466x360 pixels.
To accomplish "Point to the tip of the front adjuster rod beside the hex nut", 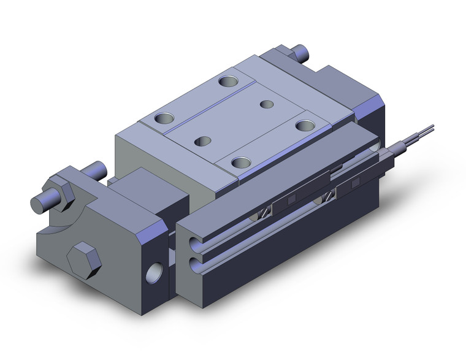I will pos(38,203).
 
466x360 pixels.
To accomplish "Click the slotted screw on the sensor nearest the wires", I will pos(332,196).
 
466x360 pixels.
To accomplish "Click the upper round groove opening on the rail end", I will pos(196,240).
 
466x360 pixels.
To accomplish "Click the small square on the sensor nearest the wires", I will pos(355,183).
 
